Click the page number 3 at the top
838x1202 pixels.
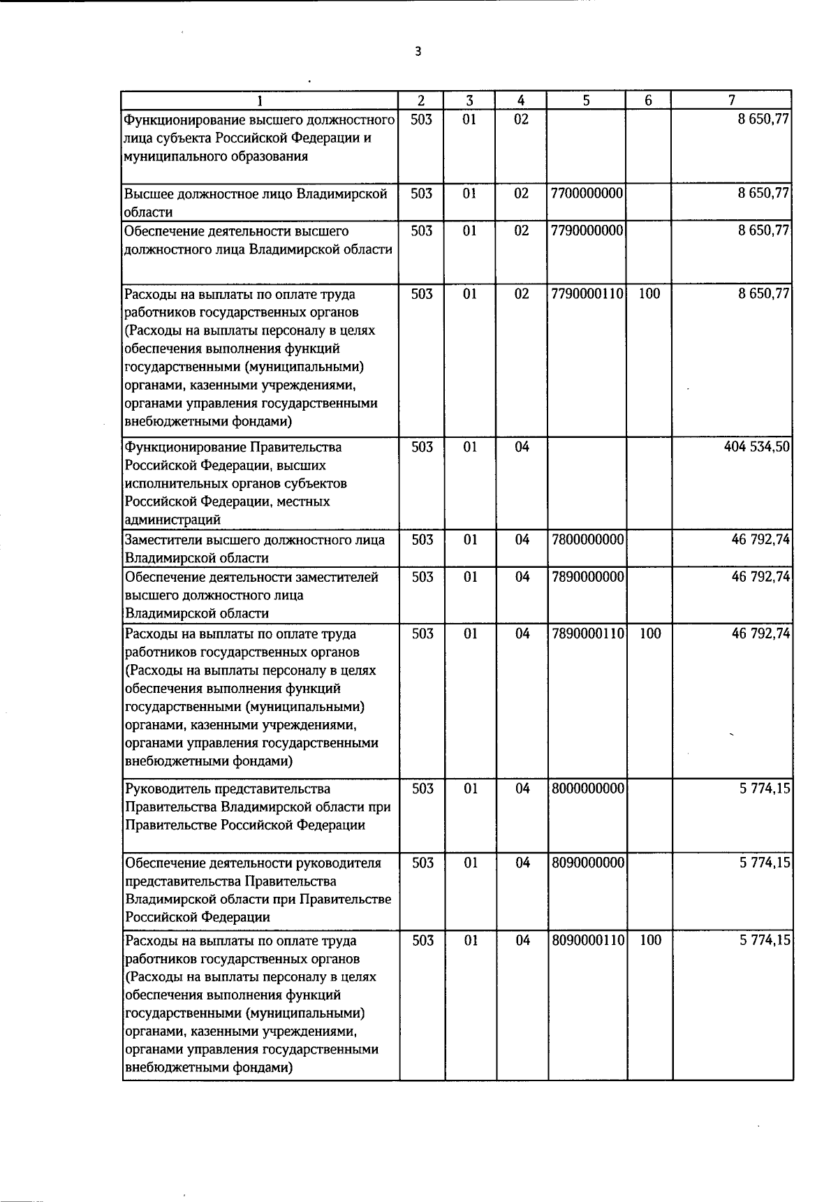[418, 52]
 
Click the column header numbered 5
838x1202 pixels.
[587, 101]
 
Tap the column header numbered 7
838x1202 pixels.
[731, 101]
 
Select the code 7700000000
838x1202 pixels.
[587, 193]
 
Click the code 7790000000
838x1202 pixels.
[587, 230]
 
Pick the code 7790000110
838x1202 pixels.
[587, 294]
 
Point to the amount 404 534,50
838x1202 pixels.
[757, 447]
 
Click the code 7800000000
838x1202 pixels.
[587, 540]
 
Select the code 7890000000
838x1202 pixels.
[587, 577]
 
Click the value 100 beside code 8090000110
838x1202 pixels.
[650, 940]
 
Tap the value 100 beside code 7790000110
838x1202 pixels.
[649, 294]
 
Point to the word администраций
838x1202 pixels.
[172, 520]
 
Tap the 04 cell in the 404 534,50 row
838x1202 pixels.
[522, 447]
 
